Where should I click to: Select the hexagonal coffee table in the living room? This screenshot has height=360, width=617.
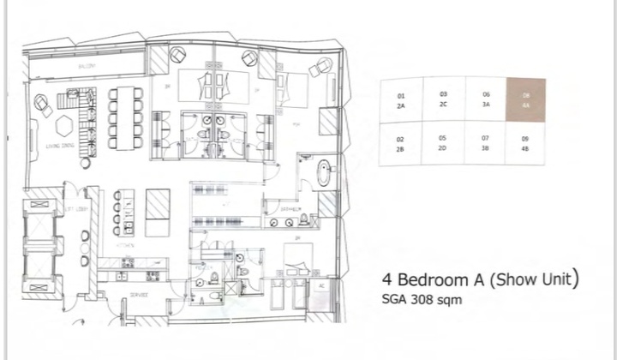(63, 125)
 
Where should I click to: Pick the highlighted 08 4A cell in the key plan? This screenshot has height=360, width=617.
(525, 100)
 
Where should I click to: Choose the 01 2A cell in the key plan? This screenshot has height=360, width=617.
(400, 100)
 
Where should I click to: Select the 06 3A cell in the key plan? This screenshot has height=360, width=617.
(485, 100)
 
